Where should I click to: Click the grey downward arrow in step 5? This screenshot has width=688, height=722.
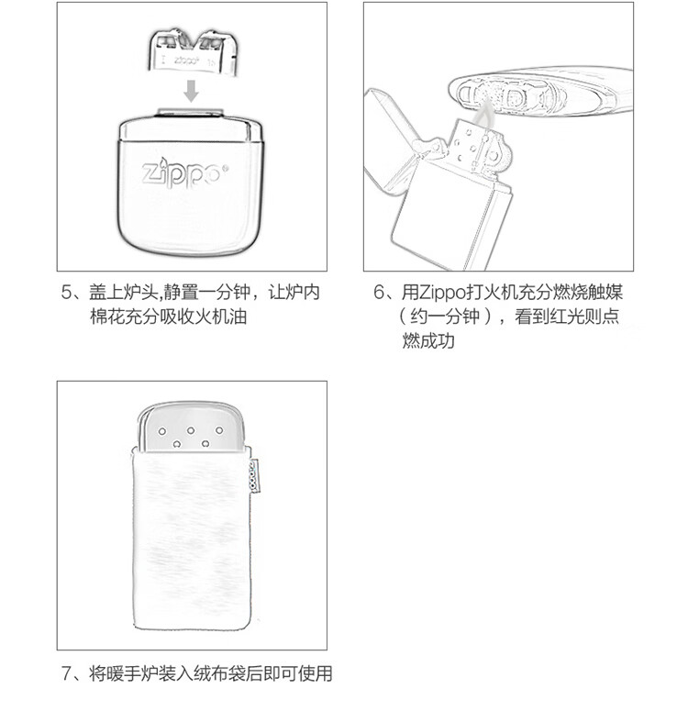click(191, 91)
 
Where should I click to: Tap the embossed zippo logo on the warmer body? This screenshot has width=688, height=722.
click(184, 174)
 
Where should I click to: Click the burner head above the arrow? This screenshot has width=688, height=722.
click(194, 50)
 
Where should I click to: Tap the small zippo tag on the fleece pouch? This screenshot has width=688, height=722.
click(253, 475)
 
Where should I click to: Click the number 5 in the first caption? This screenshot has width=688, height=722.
click(66, 293)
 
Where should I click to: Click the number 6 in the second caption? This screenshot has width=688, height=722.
click(378, 293)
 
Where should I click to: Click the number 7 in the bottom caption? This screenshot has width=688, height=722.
click(66, 673)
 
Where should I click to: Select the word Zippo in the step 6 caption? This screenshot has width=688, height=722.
click(443, 293)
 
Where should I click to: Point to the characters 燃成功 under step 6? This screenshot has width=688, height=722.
click(427, 340)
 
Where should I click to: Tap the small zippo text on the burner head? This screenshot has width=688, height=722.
click(186, 61)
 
